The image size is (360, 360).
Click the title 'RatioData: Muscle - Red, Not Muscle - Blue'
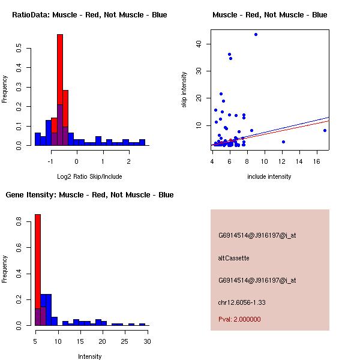pos(89,15)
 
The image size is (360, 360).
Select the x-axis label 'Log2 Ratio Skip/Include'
pos(89,176)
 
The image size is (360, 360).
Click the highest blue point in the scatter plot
pos(256,34)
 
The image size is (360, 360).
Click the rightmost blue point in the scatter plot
pos(325,130)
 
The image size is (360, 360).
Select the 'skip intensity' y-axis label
pos(184,90)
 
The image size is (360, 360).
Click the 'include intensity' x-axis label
pos(269,176)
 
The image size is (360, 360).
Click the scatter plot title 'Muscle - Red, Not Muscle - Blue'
pos(269,15)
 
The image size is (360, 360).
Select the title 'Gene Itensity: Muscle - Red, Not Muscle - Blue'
pos(89,195)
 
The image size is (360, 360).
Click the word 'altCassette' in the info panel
pos(233,258)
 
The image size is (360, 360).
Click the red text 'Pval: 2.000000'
pos(239,319)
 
